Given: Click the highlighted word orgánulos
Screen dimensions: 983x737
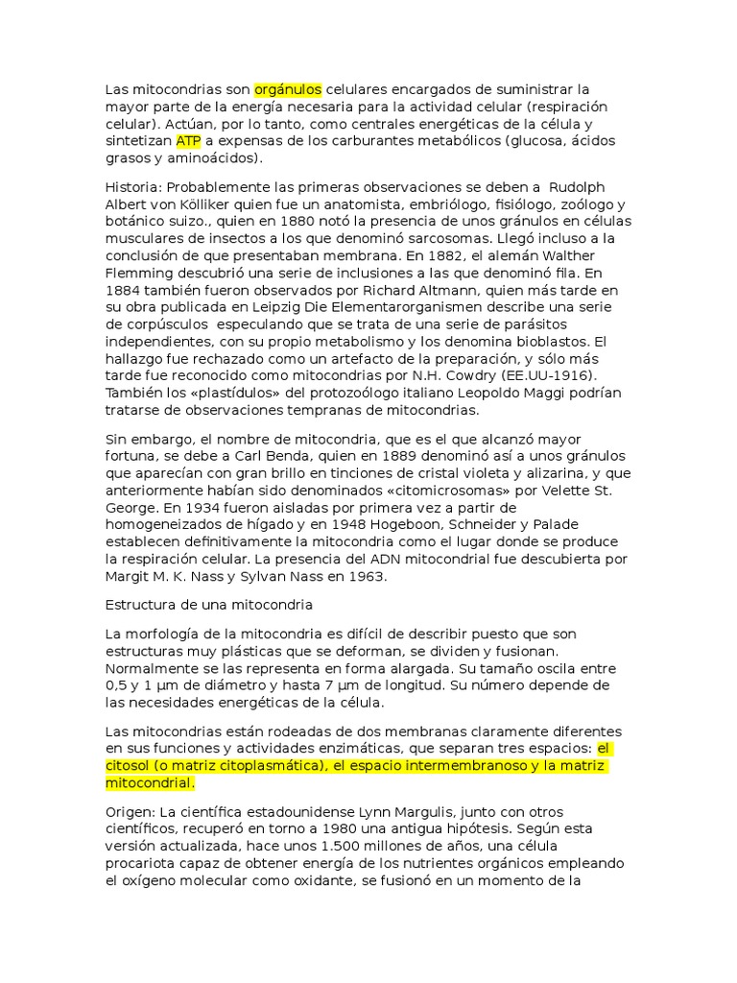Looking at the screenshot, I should coord(288,89).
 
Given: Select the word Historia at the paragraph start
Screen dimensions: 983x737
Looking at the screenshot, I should coord(131,186).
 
